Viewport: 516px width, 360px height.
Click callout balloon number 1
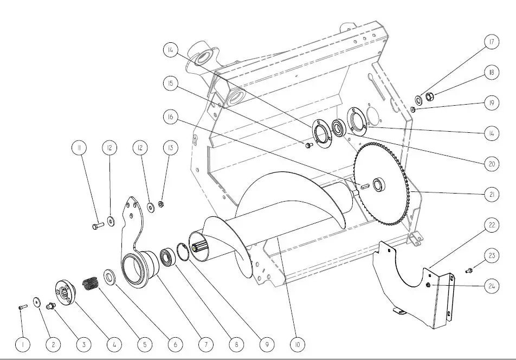coord(23,344)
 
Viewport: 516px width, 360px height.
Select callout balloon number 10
coord(298,344)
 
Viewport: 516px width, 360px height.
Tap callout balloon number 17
coord(492,42)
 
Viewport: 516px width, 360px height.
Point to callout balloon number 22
coord(492,225)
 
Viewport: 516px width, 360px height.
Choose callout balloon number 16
coord(170,117)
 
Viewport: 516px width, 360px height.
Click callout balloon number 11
coord(79,148)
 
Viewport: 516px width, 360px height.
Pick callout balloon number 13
coord(170,148)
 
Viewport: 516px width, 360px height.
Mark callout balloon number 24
coord(492,286)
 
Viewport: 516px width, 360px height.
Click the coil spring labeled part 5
coord(91,284)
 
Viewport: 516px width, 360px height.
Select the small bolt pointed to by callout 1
coord(22,307)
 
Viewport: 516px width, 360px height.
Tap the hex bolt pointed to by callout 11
coord(97,226)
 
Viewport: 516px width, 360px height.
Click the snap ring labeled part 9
coord(183,252)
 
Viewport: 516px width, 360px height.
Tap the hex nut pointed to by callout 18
coord(429,97)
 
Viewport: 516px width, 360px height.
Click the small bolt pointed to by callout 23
coord(469,271)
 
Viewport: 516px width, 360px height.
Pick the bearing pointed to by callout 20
coord(338,128)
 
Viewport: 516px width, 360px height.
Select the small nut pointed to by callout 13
coord(161,204)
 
